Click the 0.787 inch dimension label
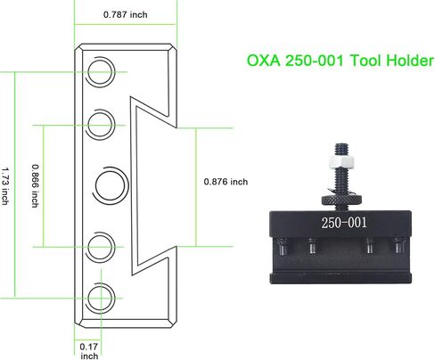(x=125, y=14)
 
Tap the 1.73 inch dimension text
(x=5, y=186)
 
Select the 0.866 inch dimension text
(x=36, y=186)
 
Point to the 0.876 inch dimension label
(x=226, y=182)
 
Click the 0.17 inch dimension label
(x=89, y=351)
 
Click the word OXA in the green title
(x=264, y=61)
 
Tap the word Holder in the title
(x=410, y=61)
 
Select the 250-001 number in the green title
(x=315, y=61)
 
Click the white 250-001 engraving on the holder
(x=344, y=223)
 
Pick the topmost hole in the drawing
(x=101, y=72)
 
